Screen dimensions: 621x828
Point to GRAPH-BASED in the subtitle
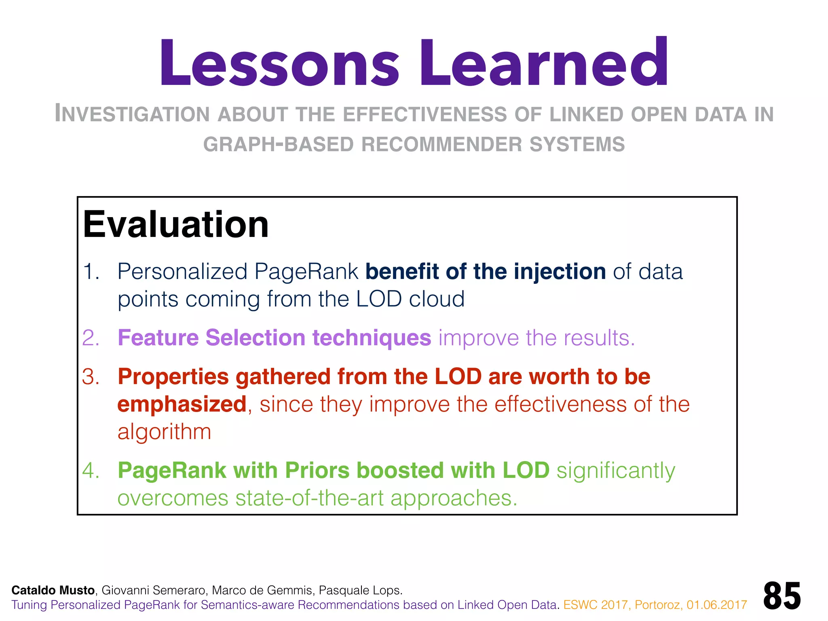[x=278, y=144]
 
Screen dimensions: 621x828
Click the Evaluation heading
[x=176, y=224]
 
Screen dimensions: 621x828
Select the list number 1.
[x=91, y=271]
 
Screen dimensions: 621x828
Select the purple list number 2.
[x=91, y=338]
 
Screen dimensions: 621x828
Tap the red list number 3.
[x=91, y=377]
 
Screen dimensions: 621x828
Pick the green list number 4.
[x=91, y=471]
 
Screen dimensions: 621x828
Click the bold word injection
[x=560, y=271]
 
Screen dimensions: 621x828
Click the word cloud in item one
[x=437, y=299]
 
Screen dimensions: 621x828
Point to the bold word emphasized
[x=182, y=404]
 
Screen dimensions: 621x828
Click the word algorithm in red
[x=164, y=432]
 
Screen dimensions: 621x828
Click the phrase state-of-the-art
[x=309, y=498]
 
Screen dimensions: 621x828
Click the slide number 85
[x=782, y=596]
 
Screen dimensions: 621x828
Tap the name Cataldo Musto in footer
[x=53, y=590]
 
